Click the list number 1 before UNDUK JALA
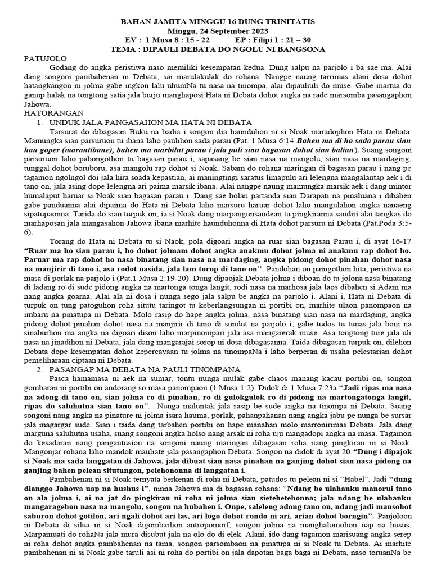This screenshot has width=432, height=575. tap(38, 122)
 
